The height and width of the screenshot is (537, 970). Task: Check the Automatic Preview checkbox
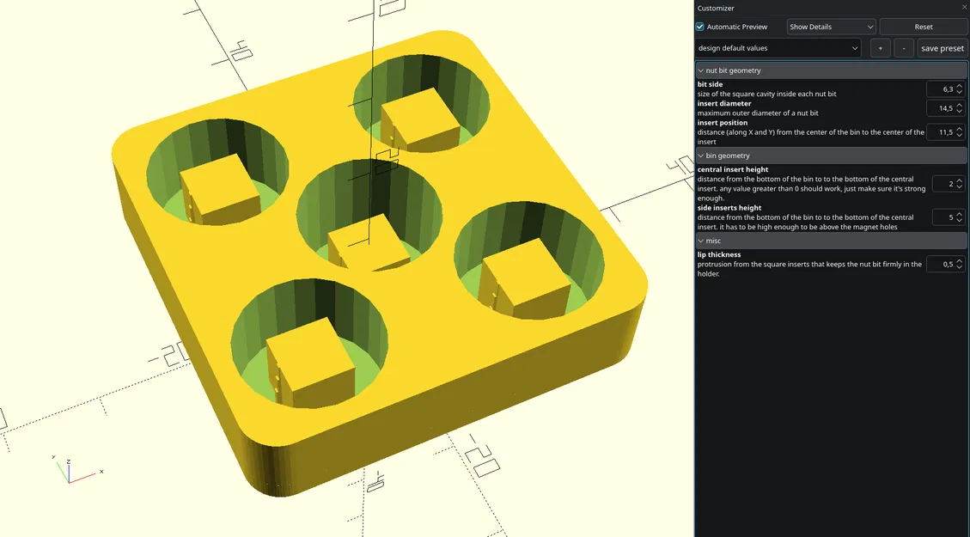tap(700, 27)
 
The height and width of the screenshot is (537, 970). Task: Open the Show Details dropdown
tap(831, 27)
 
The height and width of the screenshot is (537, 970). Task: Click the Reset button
tap(923, 27)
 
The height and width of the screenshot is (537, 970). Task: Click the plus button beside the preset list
tap(880, 48)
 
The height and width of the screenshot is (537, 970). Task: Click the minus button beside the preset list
tap(903, 48)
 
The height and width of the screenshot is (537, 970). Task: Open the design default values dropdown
tap(777, 48)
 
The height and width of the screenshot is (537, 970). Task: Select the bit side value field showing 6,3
tap(940, 89)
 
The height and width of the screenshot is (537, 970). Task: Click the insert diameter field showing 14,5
tap(940, 108)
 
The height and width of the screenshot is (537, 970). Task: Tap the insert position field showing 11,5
tap(940, 132)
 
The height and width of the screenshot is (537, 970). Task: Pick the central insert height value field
tap(940, 184)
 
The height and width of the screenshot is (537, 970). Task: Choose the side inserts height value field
tap(940, 217)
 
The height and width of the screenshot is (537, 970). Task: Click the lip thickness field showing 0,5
tap(940, 264)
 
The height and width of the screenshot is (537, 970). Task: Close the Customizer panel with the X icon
tap(963, 8)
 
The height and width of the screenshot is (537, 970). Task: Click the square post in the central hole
tap(369, 248)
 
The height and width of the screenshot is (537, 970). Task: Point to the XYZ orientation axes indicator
tap(69, 470)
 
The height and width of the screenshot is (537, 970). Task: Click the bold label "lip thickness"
tap(719, 255)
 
